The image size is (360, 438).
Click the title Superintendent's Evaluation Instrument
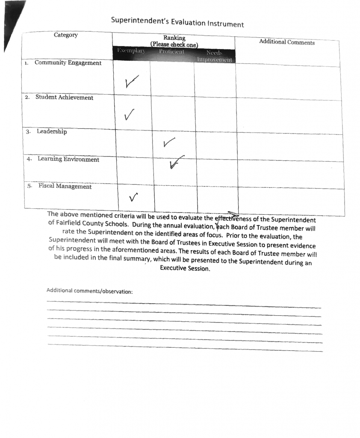tap(177, 22)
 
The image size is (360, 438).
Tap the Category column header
tap(66, 35)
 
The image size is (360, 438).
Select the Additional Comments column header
tap(286, 42)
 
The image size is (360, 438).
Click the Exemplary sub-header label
tap(131, 51)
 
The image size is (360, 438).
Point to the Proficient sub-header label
tap(171, 52)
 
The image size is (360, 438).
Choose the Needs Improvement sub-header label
tap(214, 56)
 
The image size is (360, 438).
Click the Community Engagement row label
tap(68, 63)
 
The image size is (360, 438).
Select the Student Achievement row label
tap(64, 98)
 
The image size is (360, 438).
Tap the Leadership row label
tap(51, 132)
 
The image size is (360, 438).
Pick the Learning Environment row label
tap(68, 160)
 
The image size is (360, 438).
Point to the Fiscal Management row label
tap(65, 187)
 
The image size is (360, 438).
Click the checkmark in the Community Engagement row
tap(132, 81)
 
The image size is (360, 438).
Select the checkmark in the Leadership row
tap(168, 142)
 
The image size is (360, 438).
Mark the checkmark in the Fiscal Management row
tap(133, 196)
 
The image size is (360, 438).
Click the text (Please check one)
tap(174, 44)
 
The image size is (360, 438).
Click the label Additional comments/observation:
tap(89, 291)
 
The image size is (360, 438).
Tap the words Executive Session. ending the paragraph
tap(185, 269)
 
